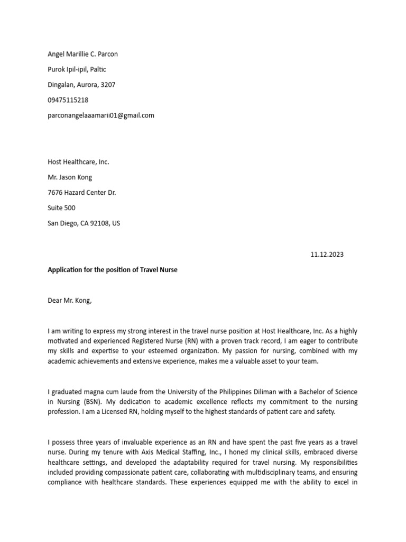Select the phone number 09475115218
click(68, 100)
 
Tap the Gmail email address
click(101, 115)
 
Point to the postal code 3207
click(107, 85)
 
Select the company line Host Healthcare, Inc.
click(78, 162)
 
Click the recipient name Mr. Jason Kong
click(70, 177)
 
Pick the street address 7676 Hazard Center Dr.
click(81, 193)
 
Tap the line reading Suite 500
click(61, 208)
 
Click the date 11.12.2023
click(327, 255)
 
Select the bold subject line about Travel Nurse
click(113, 270)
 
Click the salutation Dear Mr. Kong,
click(70, 301)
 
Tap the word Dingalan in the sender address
click(61, 85)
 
